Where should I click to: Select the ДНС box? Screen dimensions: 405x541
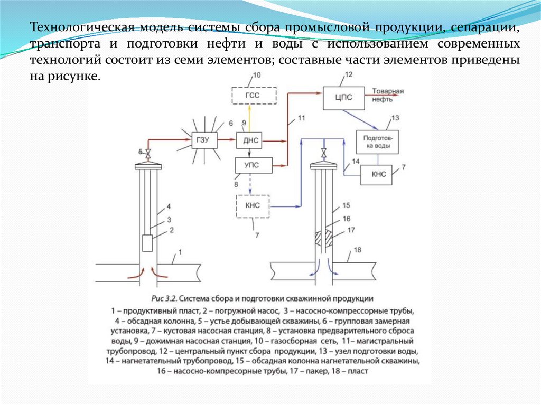(249, 140)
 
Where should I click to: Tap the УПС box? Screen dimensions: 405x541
(254, 165)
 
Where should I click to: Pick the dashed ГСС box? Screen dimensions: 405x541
(254, 95)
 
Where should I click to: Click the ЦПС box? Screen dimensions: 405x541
(343, 97)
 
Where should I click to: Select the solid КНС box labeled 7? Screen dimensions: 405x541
(377, 174)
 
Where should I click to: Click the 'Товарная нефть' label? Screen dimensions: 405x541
(388, 94)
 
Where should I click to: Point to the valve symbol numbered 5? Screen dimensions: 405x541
(148, 155)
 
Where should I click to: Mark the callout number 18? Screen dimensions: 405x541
(358, 250)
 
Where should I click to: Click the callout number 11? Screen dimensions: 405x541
(301, 118)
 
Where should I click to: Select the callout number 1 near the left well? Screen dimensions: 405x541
(179, 252)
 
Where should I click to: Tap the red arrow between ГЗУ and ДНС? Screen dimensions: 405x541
(227, 140)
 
